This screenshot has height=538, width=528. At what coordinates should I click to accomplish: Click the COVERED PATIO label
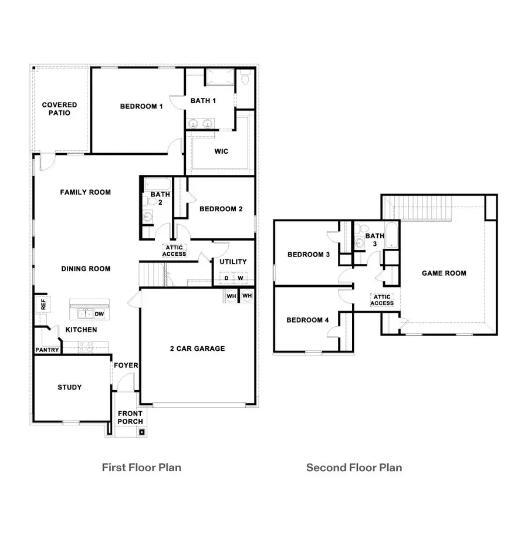(59, 109)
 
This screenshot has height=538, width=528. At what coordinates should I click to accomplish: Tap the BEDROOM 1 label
(141, 106)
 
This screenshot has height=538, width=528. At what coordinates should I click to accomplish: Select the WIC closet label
(221, 151)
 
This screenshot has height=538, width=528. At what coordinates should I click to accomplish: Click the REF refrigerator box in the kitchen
(42, 304)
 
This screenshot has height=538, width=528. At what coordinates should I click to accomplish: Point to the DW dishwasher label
(99, 314)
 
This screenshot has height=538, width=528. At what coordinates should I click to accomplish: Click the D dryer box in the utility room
(226, 278)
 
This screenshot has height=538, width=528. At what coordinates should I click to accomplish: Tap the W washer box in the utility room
(240, 278)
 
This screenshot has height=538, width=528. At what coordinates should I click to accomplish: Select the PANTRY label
(47, 350)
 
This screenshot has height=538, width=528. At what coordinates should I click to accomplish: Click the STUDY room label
(69, 387)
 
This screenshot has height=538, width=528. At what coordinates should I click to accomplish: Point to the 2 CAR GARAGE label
(198, 348)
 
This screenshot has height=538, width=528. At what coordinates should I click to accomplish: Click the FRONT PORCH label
(130, 417)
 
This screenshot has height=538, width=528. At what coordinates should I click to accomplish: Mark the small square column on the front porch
(141, 433)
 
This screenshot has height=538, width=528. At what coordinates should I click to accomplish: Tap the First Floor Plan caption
(141, 468)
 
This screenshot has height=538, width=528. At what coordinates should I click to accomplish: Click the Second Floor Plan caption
(354, 468)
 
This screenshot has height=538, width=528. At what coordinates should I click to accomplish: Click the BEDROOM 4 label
(308, 320)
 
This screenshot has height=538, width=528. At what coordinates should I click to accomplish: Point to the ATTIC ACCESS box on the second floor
(381, 300)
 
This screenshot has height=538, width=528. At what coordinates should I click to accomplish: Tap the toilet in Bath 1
(245, 77)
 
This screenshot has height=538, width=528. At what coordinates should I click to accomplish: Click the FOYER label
(126, 366)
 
